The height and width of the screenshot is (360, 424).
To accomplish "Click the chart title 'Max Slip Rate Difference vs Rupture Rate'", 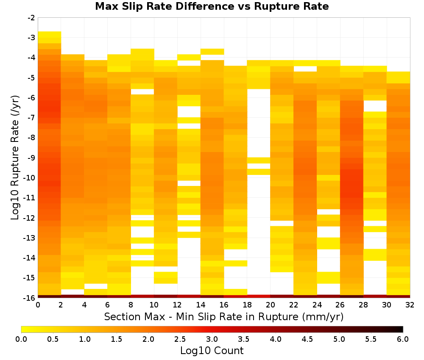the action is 212,6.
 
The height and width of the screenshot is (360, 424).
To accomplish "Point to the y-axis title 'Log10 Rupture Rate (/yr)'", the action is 15,158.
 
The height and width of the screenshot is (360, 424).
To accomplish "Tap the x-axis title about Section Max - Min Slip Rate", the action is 224,316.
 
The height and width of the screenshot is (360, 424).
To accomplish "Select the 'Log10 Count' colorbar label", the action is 212,351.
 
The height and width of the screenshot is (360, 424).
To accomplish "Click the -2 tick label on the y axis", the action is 31,18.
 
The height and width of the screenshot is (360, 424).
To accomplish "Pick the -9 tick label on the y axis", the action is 31,158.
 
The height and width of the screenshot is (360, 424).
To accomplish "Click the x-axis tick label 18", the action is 247,305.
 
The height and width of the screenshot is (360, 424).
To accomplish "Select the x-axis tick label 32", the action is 410,305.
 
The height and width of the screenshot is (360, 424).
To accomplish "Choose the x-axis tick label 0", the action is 38,305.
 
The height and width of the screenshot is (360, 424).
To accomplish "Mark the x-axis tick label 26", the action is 340,305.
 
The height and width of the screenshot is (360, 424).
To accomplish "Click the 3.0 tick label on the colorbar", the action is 212,339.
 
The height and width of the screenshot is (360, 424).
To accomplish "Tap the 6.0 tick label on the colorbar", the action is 403,339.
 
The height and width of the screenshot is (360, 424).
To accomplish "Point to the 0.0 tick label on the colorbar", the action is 21,339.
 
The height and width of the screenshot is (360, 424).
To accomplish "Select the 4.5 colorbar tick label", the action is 307,339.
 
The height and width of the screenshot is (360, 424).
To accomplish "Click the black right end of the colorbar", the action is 402,329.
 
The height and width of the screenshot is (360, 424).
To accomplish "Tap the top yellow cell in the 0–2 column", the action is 50,34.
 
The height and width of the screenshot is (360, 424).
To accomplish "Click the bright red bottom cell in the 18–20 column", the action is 259,296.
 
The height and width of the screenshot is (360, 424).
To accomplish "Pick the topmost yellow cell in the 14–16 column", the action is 212,52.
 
